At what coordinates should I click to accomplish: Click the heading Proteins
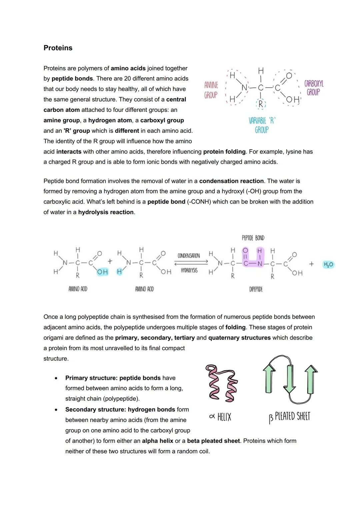(x=58, y=48)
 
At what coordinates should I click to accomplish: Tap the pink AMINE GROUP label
(x=211, y=90)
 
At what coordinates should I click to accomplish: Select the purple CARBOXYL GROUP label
(x=313, y=88)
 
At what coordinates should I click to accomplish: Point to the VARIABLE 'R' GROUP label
(x=262, y=125)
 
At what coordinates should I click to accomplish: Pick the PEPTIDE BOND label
(x=253, y=238)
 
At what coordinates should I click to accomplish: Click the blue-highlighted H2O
(x=328, y=264)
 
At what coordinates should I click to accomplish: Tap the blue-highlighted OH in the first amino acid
(x=102, y=272)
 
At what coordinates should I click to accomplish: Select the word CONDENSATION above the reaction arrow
(x=189, y=256)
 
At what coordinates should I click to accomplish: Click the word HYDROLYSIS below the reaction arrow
(x=189, y=270)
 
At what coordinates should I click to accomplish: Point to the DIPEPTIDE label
(x=256, y=289)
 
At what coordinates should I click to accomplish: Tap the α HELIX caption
(x=220, y=417)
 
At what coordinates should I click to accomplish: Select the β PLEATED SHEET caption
(x=289, y=417)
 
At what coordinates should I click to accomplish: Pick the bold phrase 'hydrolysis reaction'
(x=106, y=212)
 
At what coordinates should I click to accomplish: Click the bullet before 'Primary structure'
(x=56, y=378)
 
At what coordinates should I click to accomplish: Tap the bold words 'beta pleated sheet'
(x=213, y=441)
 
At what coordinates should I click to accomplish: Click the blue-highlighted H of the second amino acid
(x=119, y=272)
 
